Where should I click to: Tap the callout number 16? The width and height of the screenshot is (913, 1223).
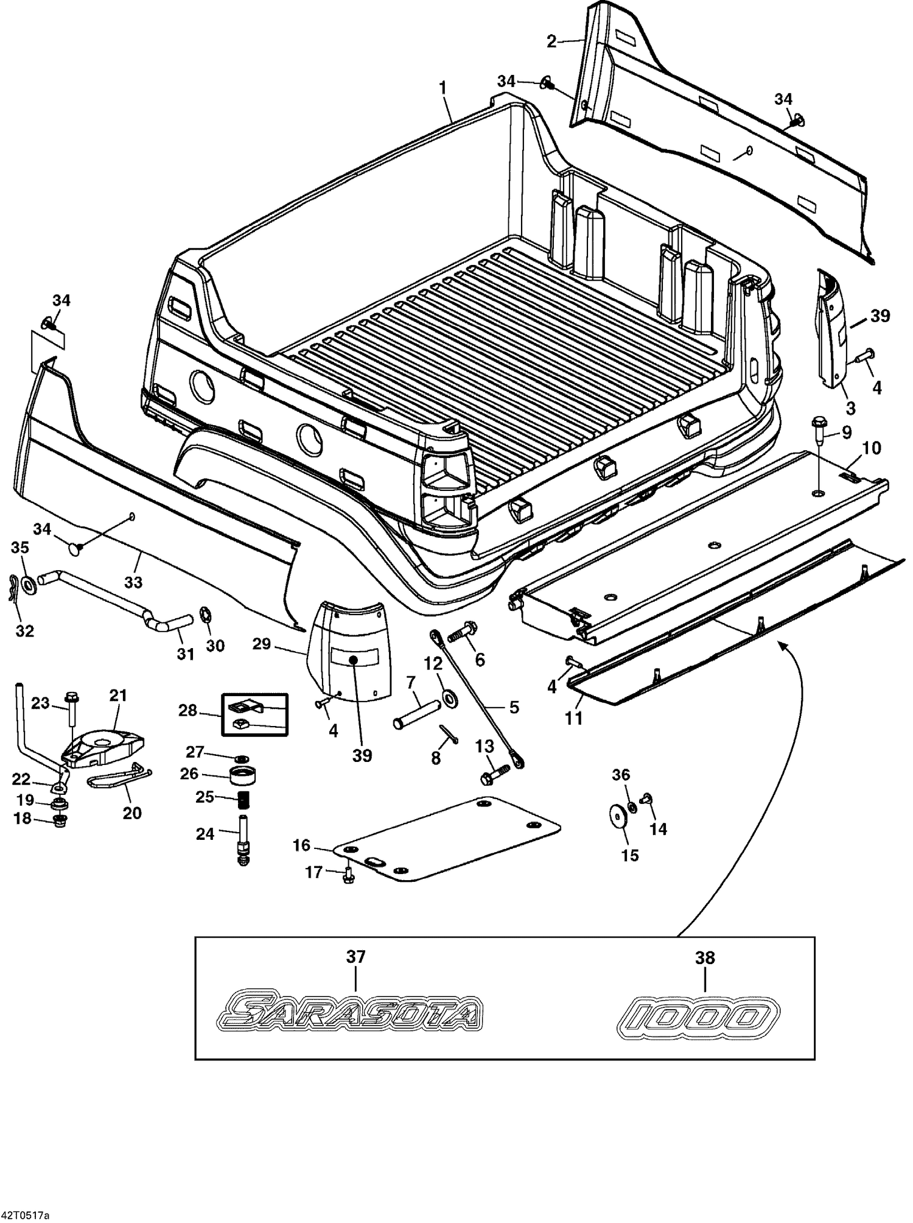301,845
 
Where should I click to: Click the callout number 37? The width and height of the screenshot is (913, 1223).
356,957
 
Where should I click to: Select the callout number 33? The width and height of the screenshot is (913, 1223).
133,582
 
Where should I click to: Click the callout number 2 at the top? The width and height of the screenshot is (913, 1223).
551,41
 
